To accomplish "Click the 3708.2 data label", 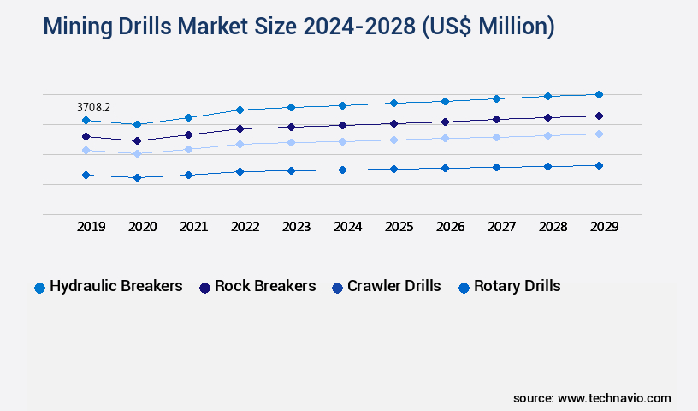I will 93,108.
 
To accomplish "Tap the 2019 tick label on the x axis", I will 91,227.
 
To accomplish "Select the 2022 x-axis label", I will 245,227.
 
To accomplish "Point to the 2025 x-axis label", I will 399,227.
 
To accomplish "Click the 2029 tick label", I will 604,227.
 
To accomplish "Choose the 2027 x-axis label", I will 501,227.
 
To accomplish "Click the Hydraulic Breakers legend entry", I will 115,286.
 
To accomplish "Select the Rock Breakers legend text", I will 265,286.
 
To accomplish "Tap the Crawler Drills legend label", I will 393,286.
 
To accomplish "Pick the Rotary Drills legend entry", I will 517,286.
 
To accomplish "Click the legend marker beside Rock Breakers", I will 205,288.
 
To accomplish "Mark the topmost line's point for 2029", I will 599,94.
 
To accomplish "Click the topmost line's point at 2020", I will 137,124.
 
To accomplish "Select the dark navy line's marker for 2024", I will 342,125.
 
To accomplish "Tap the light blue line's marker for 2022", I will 240,144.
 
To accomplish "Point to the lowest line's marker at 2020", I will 137,177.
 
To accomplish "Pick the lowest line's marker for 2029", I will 599,165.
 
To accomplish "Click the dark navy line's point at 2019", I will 86,136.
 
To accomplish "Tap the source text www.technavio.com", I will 614,398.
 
